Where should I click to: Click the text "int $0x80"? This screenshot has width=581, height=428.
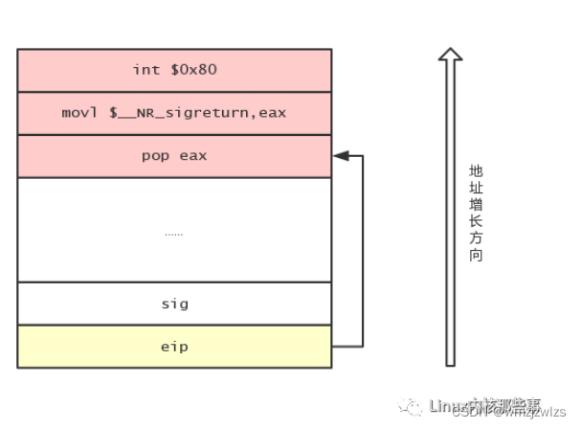pos(173,70)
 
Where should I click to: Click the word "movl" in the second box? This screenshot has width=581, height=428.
pos(78,113)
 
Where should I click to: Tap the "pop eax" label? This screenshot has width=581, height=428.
pos(173,155)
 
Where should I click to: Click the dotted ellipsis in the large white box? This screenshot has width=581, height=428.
pos(173,233)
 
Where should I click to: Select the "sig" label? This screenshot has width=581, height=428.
pos(173,304)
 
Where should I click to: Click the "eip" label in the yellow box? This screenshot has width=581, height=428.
pos(173,347)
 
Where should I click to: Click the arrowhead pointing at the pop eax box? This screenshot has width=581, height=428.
pos(340,155)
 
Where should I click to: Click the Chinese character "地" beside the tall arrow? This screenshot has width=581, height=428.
pos(476,170)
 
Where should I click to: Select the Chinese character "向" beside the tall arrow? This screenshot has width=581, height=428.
pos(476,256)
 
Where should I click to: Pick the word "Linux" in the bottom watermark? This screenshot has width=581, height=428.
pos(446,404)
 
